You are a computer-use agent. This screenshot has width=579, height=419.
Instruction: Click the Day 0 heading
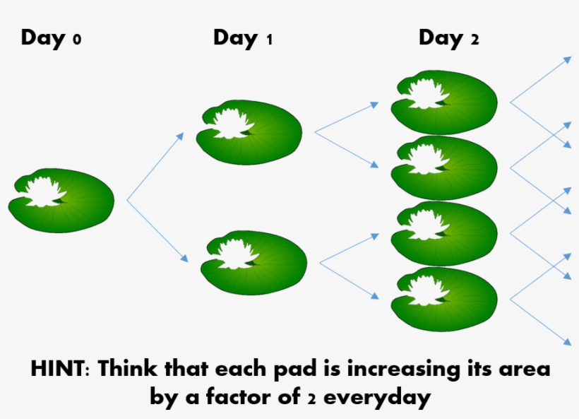(x=51, y=37)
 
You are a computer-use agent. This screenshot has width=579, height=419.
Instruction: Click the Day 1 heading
(x=242, y=37)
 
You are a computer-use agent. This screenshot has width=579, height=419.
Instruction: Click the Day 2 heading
(x=448, y=37)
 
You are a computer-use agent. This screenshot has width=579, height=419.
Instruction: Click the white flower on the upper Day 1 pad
(x=229, y=123)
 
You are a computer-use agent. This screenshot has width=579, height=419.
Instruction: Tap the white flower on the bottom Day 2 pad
(x=424, y=290)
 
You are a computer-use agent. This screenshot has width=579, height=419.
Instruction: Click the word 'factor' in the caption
(x=248, y=396)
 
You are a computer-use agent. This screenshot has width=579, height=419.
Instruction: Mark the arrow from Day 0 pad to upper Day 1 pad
(x=155, y=167)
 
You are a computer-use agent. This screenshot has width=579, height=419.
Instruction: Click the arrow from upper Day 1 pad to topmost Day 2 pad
(x=346, y=117)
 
